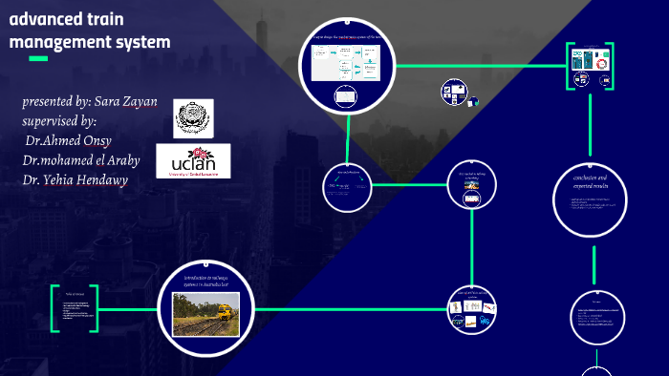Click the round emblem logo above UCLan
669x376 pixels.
pos(194,117)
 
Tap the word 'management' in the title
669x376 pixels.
pos(56,42)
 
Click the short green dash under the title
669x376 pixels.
pos(38,59)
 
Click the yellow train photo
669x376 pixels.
pos(205,314)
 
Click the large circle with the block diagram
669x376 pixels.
pos(346,67)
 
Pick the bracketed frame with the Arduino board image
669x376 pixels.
pos(591,65)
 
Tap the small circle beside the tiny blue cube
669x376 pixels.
pos(453,93)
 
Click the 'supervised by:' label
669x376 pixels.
pos(59,121)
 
